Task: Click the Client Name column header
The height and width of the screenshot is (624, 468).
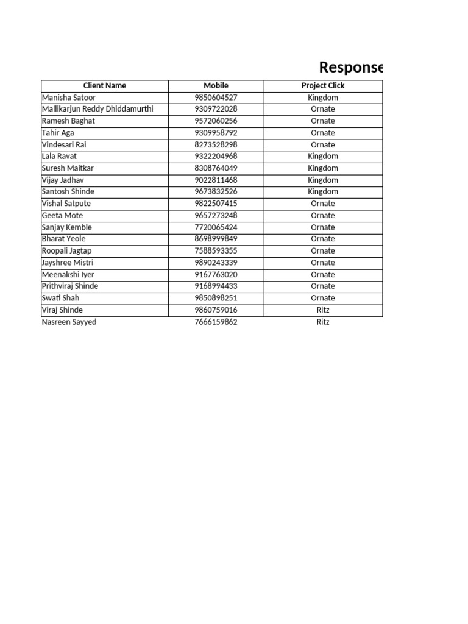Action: pyautogui.click(x=105, y=86)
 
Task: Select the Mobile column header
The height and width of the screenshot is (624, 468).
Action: pyautogui.click(x=216, y=86)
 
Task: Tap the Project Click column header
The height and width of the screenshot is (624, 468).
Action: pyautogui.click(x=323, y=86)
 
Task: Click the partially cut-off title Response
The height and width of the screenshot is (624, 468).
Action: pyautogui.click(x=352, y=67)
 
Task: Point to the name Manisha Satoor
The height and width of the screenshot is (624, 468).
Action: pyautogui.click(x=69, y=97)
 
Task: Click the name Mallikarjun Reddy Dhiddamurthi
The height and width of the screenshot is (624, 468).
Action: pyautogui.click(x=97, y=109)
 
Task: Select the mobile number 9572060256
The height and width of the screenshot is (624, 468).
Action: pyautogui.click(x=216, y=121)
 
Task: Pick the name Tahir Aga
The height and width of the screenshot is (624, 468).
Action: pyautogui.click(x=58, y=133)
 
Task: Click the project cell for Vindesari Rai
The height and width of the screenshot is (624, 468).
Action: pyautogui.click(x=323, y=144)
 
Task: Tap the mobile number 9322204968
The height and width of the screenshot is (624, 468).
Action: pyautogui.click(x=216, y=157)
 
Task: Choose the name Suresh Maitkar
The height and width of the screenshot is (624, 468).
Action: pyautogui.click(x=68, y=168)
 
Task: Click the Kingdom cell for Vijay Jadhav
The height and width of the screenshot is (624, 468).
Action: pyautogui.click(x=323, y=180)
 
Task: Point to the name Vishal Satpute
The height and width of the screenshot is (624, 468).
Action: pyautogui.click(x=66, y=204)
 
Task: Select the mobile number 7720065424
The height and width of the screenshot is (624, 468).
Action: pyautogui.click(x=216, y=227)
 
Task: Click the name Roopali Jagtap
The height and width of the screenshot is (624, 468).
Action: pyautogui.click(x=67, y=251)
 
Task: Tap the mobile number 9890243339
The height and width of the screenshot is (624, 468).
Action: pyautogui.click(x=216, y=263)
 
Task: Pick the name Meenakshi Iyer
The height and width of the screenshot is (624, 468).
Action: pyautogui.click(x=68, y=275)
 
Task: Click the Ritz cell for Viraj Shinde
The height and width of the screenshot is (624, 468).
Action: pyautogui.click(x=323, y=310)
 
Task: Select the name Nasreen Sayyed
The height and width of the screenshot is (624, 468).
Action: pyautogui.click(x=69, y=322)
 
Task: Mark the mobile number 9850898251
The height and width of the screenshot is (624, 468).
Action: pyautogui.click(x=216, y=298)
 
